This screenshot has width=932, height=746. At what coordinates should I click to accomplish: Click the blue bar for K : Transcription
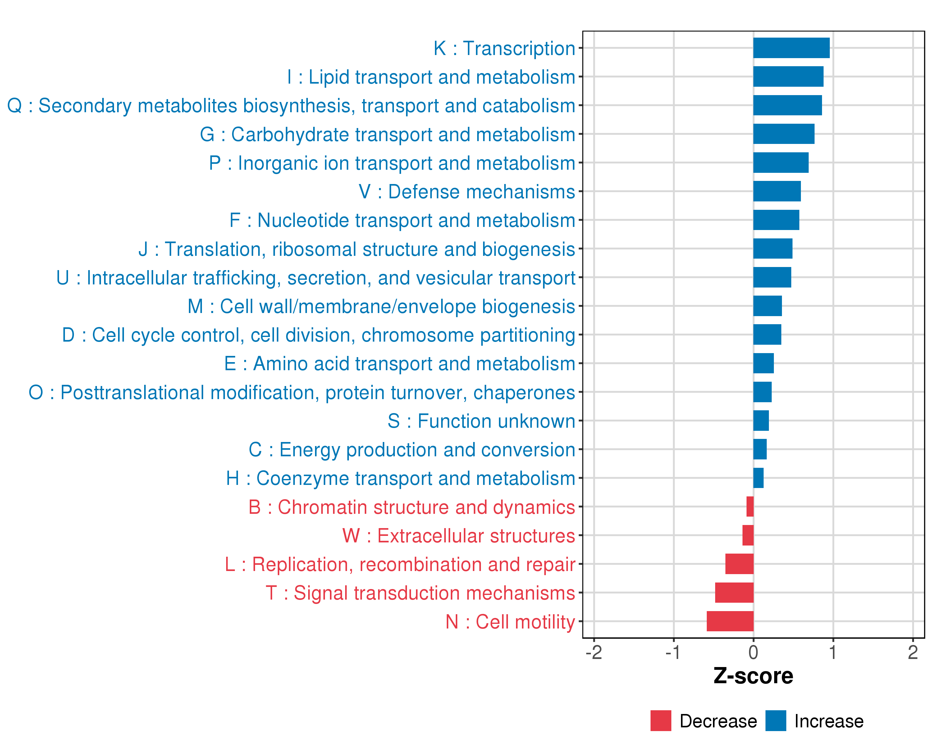click(791, 48)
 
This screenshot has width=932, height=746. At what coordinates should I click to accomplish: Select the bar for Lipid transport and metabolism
click(788, 76)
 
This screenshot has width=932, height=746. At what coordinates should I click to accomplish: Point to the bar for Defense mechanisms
click(777, 191)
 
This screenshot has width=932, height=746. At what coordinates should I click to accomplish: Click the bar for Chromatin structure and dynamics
click(750, 506)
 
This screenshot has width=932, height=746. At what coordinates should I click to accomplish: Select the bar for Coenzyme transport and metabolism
click(758, 478)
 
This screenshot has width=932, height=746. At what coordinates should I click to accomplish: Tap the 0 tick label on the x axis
click(753, 652)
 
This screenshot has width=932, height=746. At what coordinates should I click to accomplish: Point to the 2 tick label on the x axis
click(912, 652)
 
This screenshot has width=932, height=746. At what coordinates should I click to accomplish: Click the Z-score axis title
click(753, 676)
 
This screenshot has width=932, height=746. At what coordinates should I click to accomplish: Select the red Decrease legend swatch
click(660, 721)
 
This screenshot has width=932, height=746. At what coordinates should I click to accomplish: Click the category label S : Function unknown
click(481, 421)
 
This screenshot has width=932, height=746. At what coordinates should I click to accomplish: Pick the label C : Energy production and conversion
click(412, 450)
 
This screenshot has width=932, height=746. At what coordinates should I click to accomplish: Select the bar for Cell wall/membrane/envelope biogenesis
click(767, 306)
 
